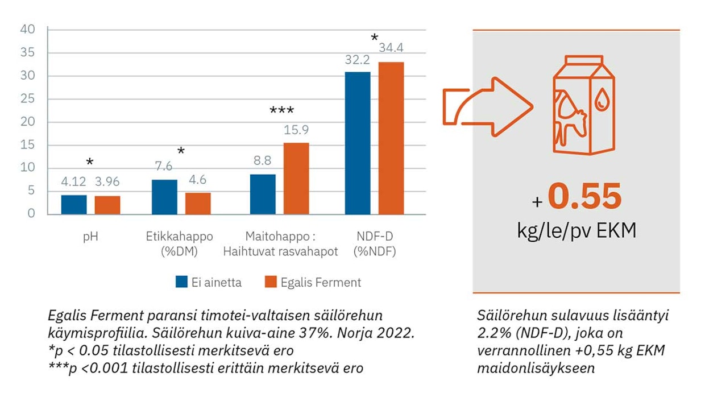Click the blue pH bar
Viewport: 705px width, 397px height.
(x=74, y=204)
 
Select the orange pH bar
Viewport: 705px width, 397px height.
(x=107, y=205)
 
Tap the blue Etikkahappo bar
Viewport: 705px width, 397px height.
(x=164, y=197)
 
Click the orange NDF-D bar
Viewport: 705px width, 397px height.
(x=391, y=138)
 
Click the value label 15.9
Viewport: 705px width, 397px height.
(x=296, y=130)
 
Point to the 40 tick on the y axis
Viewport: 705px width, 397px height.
(x=28, y=30)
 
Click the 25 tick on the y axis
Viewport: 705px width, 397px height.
(x=28, y=99)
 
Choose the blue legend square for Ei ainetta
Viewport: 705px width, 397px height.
(x=181, y=282)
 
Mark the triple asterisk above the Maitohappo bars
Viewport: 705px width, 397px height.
(x=281, y=110)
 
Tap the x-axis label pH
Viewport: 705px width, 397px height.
(x=90, y=236)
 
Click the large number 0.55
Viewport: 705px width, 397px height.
(x=585, y=196)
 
